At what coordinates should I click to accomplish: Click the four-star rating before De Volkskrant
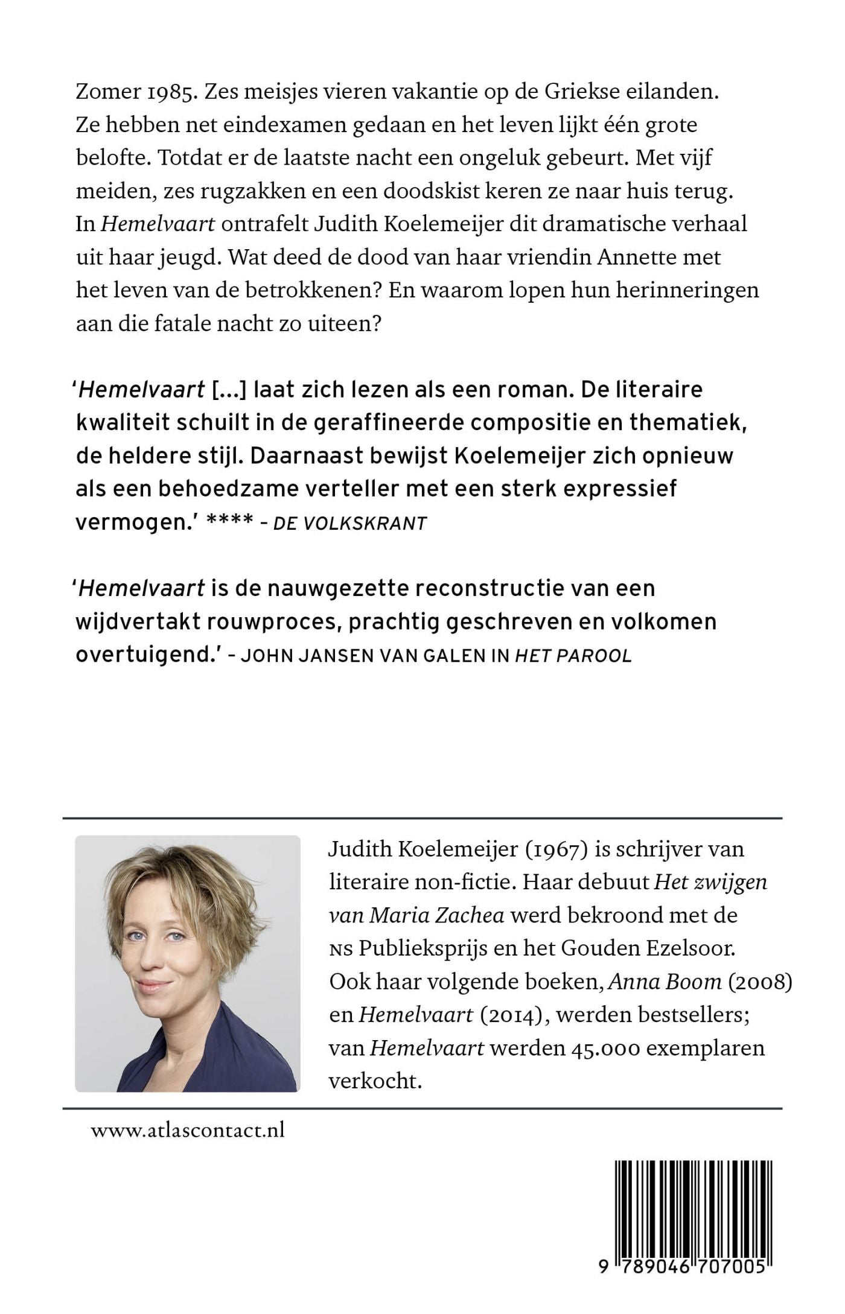[x=229, y=522]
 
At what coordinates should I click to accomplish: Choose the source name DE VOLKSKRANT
[x=350, y=523]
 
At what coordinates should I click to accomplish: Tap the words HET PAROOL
[x=573, y=656]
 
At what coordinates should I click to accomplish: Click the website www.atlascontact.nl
[x=188, y=1130]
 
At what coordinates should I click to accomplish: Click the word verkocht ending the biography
[x=374, y=1081]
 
